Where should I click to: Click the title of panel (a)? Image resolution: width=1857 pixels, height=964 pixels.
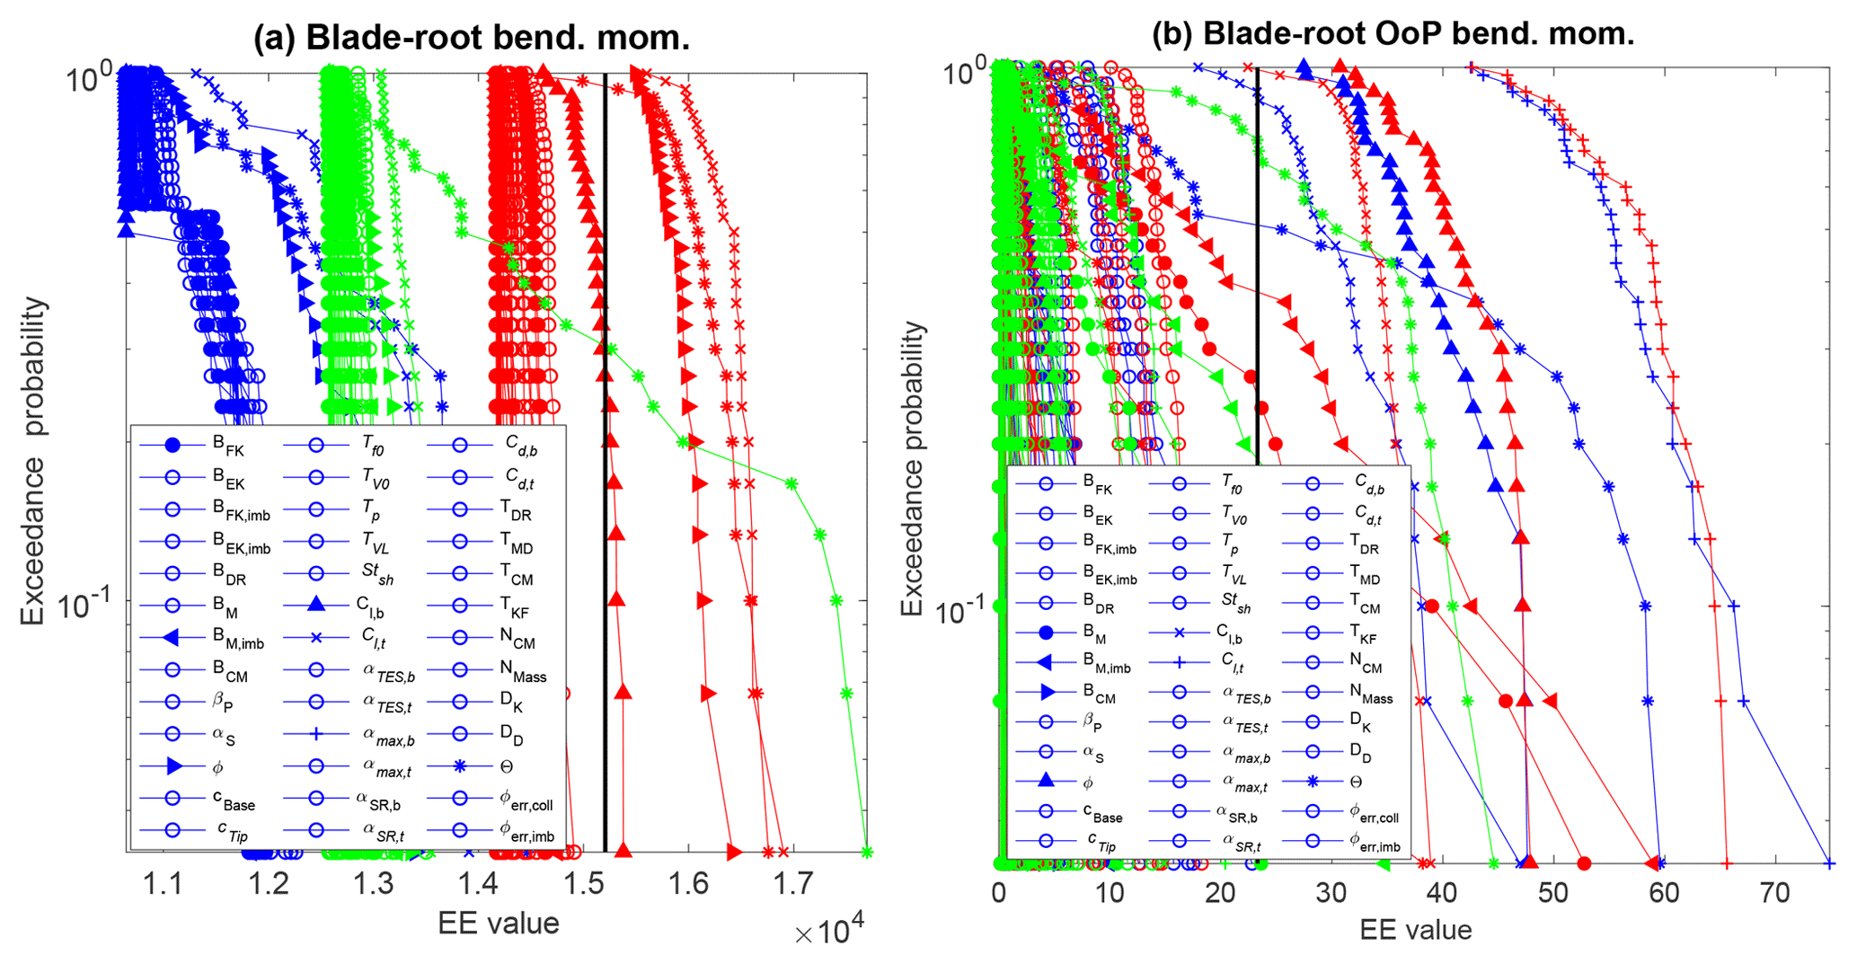[471, 37]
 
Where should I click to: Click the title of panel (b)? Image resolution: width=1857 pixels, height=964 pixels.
[1393, 33]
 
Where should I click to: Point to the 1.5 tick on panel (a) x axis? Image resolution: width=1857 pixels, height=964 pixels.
[584, 885]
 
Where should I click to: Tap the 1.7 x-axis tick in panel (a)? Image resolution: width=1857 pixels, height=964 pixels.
[794, 885]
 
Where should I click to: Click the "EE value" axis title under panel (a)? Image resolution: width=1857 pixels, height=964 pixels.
[498, 923]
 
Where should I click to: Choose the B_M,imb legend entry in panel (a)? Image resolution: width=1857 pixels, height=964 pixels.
[238, 639]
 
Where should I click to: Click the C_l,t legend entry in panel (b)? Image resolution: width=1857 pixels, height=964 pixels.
[1229, 664]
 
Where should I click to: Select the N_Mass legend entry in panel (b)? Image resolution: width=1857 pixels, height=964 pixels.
[1371, 693]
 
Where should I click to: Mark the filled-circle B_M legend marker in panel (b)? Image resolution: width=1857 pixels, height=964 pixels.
[1046, 632]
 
